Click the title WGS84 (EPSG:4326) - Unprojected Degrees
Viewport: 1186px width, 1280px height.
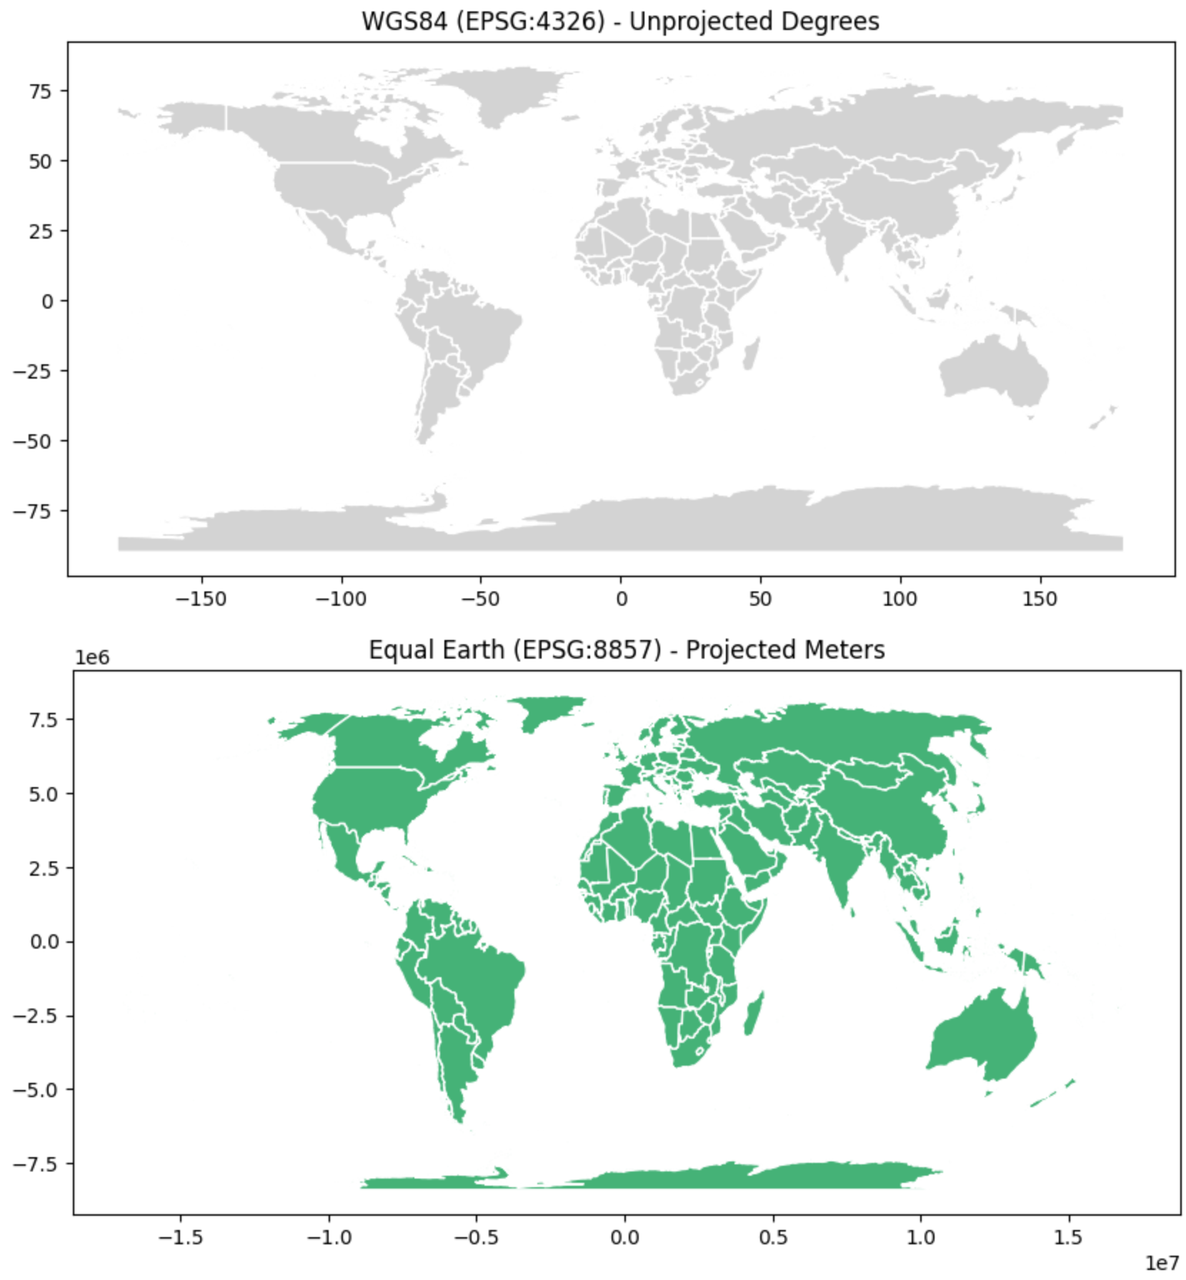[620, 21]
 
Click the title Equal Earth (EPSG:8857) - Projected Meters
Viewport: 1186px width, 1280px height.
[627, 650]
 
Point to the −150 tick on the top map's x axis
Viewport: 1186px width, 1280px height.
[201, 599]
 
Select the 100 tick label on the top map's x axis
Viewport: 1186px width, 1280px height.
[900, 599]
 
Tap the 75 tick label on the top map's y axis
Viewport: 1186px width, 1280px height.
[41, 91]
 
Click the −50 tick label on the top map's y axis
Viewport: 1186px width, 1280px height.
[33, 441]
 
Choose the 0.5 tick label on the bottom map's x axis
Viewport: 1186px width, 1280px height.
[772, 1237]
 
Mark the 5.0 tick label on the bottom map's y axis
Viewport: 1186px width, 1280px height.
[44, 794]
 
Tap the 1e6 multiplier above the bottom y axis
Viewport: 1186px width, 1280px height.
[92, 658]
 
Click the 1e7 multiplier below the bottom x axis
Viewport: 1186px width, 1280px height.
[1162, 1264]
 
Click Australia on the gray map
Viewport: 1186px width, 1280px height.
[993, 371]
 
